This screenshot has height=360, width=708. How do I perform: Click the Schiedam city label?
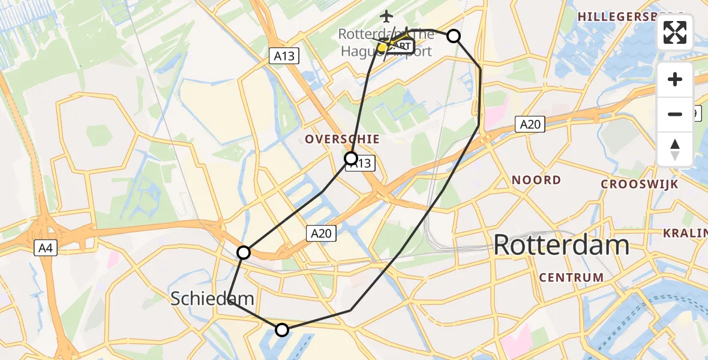pos(212,298)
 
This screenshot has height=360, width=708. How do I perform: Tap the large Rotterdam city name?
pos(562,245)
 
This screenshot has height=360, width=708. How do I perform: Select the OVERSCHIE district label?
pos(342,139)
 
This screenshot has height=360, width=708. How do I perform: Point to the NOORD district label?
pos(536,180)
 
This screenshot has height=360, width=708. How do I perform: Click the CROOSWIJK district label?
pos(639,184)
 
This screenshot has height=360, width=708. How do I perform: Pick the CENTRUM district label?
pos(571,277)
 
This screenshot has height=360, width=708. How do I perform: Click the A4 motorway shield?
pos(45,248)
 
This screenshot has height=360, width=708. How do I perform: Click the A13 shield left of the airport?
pos(284,56)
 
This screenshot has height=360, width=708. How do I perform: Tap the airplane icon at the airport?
pos(386,16)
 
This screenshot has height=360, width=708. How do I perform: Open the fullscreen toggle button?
pos(675,32)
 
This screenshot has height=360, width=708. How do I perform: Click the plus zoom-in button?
pos(675,79)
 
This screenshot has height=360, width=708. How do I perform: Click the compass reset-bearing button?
pos(675,149)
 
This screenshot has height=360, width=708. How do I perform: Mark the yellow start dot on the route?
pos(382,47)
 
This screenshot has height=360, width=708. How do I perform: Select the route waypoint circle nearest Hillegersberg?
pos(454,36)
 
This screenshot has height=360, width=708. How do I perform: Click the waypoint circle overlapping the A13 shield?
pos(351,158)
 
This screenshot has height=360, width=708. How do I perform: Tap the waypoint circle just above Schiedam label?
pos(243,253)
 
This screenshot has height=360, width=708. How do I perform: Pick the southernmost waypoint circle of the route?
pos(281,329)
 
